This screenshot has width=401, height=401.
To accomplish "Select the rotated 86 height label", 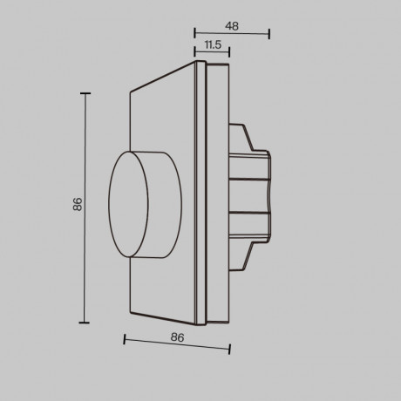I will (x=78, y=206).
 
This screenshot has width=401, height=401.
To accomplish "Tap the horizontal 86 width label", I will (x=177, y=336).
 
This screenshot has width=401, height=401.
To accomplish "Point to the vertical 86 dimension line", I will (x=85, y=206).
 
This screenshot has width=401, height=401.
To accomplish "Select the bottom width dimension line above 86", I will (x=177, y=345).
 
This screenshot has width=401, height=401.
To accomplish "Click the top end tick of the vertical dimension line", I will (x=85, y=92).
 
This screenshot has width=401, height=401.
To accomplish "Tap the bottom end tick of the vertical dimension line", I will (x=85, y=322).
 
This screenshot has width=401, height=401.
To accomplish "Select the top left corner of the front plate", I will (x=129, y=90).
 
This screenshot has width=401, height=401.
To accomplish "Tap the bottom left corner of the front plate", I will (x=129, y=314).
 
